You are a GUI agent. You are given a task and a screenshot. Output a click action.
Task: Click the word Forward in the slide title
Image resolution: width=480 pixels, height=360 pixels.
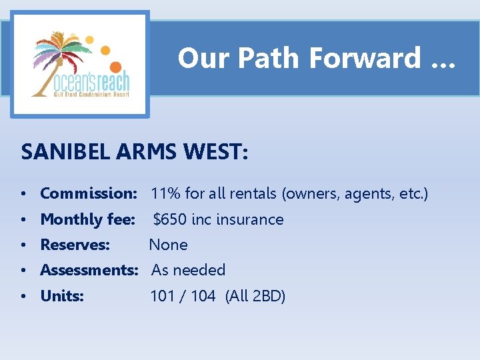(364, 58)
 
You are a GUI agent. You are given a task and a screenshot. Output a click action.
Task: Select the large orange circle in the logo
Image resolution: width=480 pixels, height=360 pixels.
(115, 67)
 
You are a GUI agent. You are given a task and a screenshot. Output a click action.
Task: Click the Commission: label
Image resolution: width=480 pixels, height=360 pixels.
(88, 193)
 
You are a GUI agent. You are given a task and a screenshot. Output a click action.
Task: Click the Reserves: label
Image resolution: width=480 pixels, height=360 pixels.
(75, 245)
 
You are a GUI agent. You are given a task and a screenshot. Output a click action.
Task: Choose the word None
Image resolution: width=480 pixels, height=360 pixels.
(168, 245)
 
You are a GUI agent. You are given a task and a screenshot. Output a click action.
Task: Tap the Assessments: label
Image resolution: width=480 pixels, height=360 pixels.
(89, 270)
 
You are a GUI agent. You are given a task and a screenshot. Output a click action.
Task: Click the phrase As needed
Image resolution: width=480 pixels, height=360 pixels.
(188, 270)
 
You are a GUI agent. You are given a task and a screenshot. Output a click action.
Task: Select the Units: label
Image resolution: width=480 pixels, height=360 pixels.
(62, 296)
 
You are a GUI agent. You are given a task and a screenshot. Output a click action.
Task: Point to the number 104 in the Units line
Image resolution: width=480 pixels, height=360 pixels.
(203, 296)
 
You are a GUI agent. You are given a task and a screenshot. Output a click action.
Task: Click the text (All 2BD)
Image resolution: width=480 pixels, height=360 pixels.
(255, 296)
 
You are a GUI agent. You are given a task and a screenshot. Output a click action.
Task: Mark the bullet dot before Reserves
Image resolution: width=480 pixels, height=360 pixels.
(23, 245)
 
